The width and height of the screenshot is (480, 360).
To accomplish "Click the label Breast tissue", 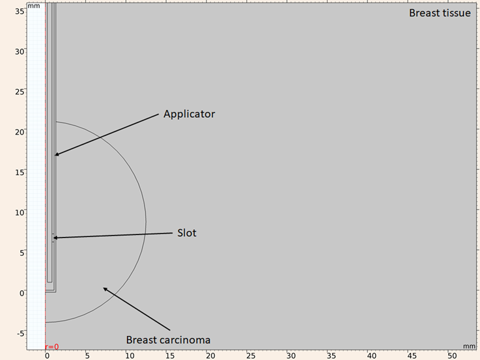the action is [x=439, y=13].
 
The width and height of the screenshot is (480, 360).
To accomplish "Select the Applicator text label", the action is [x=189, y=114].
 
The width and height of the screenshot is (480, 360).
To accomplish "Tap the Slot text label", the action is [x=187, y=232].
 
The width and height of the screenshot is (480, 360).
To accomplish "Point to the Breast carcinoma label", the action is [x=168, y=340].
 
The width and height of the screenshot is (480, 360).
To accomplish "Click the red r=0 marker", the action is [x=51, y=346].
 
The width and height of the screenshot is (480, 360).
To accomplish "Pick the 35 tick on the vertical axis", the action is [x=20, y=11].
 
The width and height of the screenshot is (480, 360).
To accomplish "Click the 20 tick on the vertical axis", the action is [x=20, y=132].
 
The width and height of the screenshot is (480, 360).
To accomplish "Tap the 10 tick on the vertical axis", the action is [x=20, y=212].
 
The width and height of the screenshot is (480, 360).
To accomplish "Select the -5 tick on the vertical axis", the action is [x=19, y=333].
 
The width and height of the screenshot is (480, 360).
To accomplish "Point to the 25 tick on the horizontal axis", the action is [x=249, y=355].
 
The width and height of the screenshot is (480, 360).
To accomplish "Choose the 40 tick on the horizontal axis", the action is [x=371, y=355].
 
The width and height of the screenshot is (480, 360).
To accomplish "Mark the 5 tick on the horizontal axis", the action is [x=87, y=355].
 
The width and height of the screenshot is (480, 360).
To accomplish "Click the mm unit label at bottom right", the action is [x=469, y=346].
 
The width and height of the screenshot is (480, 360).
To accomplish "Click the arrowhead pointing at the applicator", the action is [x=57, y=154].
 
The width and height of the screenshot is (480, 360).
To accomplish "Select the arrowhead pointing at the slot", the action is [x=55, y=238].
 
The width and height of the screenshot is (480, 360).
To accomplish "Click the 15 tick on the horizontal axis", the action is [x=169, y=355].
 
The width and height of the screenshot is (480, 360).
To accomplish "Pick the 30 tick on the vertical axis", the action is [x=20, y=51].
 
